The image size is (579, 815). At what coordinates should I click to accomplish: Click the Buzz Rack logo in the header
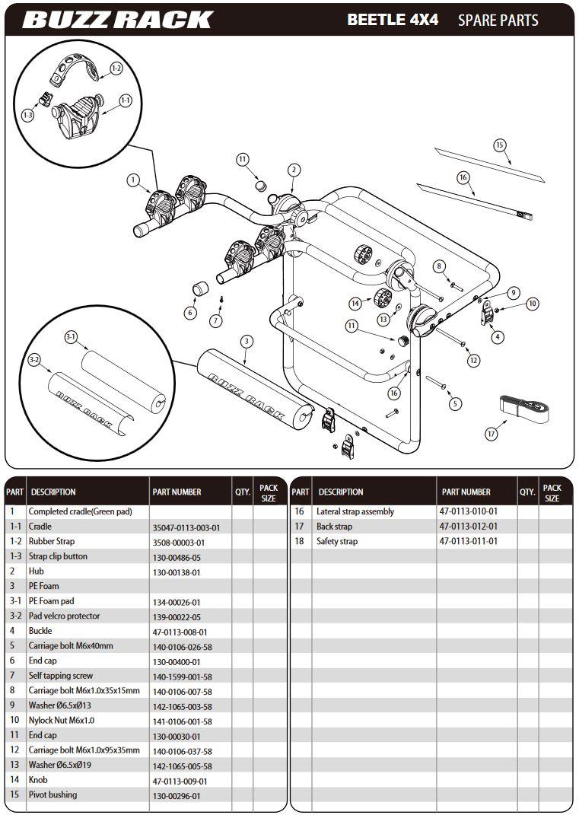[117, 19]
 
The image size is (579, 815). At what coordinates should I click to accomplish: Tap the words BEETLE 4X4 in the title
[393, 20]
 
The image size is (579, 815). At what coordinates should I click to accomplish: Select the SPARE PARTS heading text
[498, 21]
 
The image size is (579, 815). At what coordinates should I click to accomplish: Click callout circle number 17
[492, 433]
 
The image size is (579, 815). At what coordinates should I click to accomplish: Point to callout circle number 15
[499, 145]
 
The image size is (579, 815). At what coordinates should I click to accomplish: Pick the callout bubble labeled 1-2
[116, 68]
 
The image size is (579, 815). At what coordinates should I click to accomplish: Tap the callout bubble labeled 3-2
[33, 359]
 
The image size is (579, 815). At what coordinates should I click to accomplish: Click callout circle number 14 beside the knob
[355, 304]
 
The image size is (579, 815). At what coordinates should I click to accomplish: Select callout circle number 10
[532, 304]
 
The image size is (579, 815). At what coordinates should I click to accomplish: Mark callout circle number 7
[216, 321]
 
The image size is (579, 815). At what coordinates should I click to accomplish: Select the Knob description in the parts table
[38, 780]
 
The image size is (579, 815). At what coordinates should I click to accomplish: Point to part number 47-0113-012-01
[468, 527]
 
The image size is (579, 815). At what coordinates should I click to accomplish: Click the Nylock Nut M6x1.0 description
[62, 721]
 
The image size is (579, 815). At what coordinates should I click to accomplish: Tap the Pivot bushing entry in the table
[52, 795]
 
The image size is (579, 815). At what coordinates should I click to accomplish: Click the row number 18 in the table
[299, 542]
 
